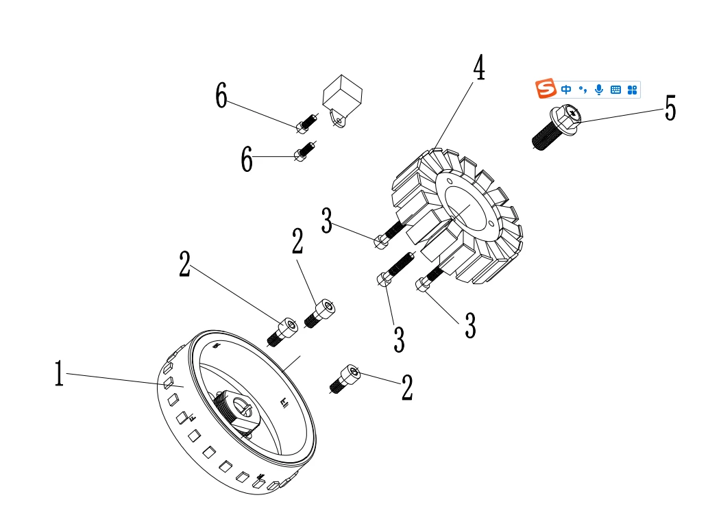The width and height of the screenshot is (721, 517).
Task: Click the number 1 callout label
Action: click(x=59, y=375)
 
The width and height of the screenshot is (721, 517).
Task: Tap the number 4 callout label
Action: click(x=479, y=68)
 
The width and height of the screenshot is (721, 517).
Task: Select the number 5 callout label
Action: click(x=670, y=108)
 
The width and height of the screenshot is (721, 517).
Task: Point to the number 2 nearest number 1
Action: click(x=184, y=264)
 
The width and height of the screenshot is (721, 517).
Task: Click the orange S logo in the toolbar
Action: click(x=546, y=89)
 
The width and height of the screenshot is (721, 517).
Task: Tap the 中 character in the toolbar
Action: click(x=566, y=90)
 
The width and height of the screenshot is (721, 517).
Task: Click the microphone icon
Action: click(x=599, y=90)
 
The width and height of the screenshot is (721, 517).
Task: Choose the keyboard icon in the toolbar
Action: click(x=615, y=90)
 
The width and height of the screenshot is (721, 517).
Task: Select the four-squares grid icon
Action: click(x=632, y=90)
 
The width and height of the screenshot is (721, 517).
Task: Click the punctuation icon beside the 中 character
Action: click(x=583, y=89)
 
